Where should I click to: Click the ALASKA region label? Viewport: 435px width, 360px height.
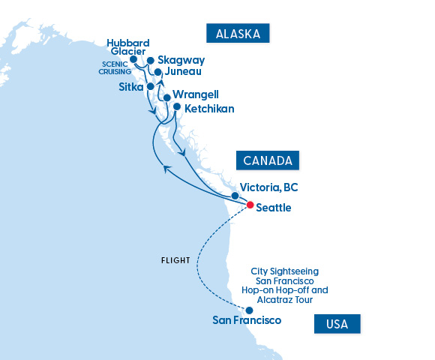[x=238, y=34]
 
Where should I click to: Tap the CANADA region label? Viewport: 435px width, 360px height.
[x=268, y=160]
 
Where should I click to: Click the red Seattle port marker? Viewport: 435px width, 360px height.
[x=250, y=204]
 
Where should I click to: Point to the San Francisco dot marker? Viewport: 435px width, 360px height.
[x=249, y=310]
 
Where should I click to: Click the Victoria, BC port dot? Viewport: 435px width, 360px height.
[x=235, y=195]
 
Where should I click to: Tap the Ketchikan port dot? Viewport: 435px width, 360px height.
[x=177, y=106]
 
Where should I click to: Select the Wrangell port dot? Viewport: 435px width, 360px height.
[x=166, y=97]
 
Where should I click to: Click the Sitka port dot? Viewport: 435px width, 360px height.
[x=150, y=86]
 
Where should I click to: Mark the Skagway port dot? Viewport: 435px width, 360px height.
[x=151, y=60]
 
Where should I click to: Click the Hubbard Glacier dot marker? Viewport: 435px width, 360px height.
[x=133, y=59]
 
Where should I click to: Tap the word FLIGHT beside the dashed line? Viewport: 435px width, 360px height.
[x=175, y=261]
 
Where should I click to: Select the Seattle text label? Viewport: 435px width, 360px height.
[x=274, y=207]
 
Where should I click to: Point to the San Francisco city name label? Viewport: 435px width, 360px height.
[x=247, y=321]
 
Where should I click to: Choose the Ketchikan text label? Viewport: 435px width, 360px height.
[x=209, y=109]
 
